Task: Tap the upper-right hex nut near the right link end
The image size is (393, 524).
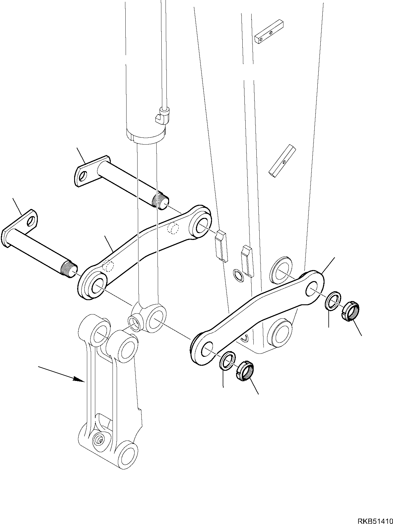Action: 351,311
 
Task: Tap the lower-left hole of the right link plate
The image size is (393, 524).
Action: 207,349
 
